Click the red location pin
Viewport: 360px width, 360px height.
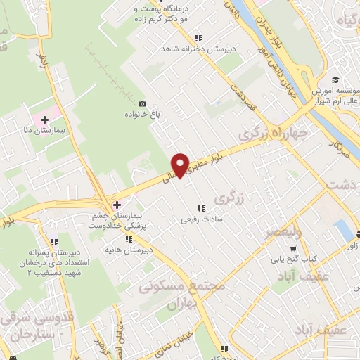(x=181, y=165)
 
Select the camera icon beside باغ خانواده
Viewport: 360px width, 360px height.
(x=143, y=103)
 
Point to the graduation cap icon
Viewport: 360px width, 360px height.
(x=335, y=81)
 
